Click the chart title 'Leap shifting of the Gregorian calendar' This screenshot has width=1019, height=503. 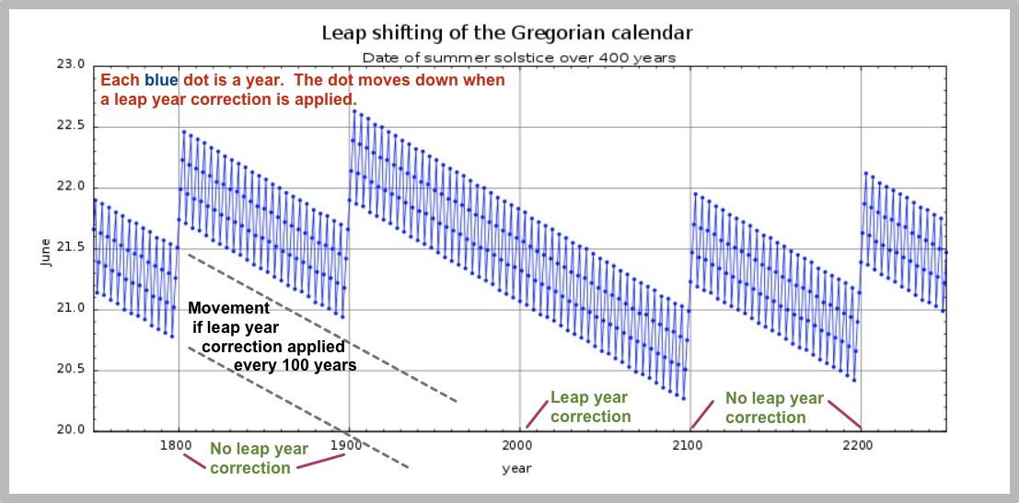tap(506, 33)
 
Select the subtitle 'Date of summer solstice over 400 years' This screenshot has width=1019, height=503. tap(519, 57)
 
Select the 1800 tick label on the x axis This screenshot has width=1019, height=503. tap(176, 446)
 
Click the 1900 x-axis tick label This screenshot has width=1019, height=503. tap(346, 446)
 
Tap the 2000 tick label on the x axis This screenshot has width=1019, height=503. tap(517, 446)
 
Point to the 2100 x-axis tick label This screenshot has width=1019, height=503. tap(688, 446)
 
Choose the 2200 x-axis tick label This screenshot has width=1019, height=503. tap(858, 446)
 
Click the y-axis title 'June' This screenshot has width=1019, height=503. tap(46, 249)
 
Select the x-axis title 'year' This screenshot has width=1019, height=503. tap(516, 468)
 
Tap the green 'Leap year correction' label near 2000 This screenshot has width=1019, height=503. tap(590, 407)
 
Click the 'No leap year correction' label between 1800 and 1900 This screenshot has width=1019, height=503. tap(259, 458)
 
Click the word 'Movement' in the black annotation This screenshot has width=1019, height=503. tap(228, 308)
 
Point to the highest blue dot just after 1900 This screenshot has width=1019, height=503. tap(354, 111)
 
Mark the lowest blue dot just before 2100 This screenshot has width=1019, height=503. tap(683, 398)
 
